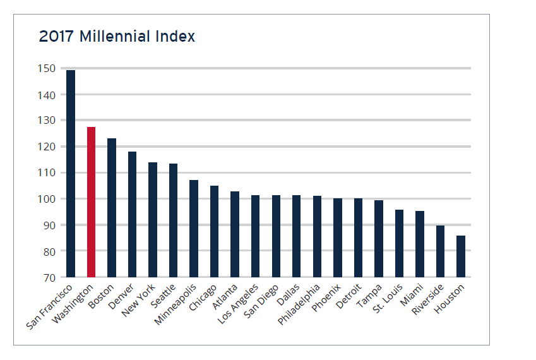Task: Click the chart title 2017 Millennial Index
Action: [x=117, y=37]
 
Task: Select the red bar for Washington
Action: [x=91, y=202]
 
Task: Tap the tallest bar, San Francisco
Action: [x=71, y=174]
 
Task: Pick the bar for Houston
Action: [x=461, y=256]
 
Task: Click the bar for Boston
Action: [x=112, y=208]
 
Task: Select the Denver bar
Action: [x=133, y=214]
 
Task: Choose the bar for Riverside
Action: [x=440, y=251]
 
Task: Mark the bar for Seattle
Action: [x=173, y=220]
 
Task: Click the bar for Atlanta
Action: [x=235, y=234]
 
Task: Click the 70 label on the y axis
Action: [x=49, y=277]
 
